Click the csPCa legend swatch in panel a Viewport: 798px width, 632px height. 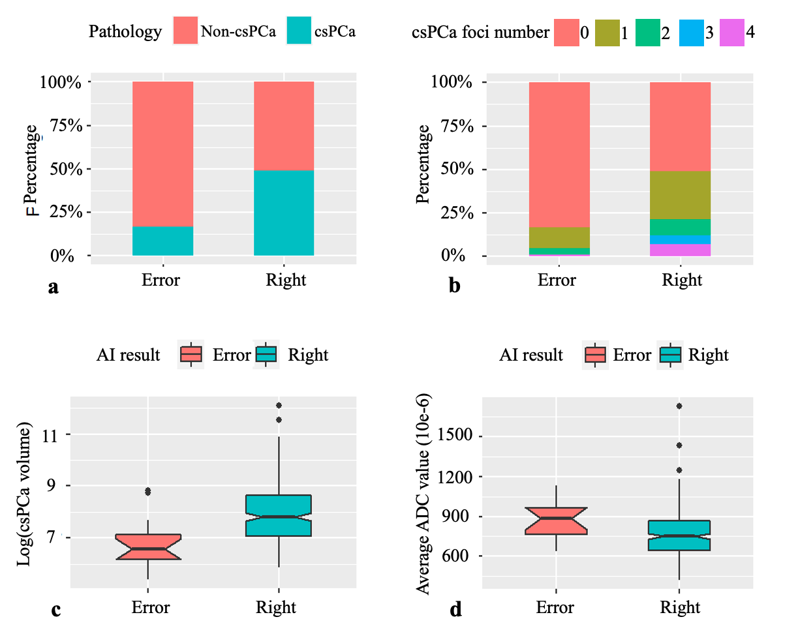[301, 31]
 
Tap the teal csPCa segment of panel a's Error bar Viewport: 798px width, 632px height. [163, 241]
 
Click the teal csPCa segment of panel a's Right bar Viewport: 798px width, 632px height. [284, 213]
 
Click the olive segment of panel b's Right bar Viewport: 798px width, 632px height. [680, 195]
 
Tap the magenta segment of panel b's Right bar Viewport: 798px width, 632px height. [680, 250]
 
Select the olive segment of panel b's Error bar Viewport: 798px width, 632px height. [559, 237]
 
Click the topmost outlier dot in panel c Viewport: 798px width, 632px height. [279, 406]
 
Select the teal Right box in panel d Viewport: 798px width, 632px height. [679, 535]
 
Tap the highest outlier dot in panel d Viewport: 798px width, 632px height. [679, 406]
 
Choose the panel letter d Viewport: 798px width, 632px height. [455, 610]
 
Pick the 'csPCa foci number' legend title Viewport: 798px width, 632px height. [480, 31]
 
